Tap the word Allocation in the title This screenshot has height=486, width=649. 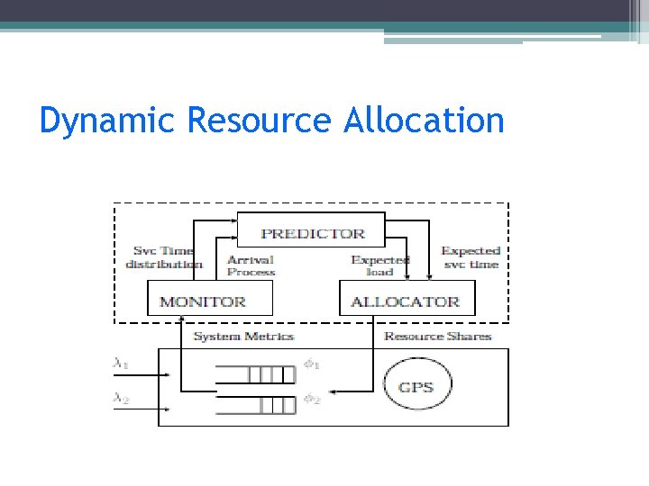point(424,120)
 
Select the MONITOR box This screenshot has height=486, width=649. point(202,301)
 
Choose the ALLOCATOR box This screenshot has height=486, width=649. point(405,301)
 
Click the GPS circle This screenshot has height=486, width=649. point(416,387)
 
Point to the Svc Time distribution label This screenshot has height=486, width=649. point(164,257)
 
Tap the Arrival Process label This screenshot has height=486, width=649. point(251,265)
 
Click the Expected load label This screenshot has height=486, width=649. point(379,265)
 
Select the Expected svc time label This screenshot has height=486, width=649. point(470,257)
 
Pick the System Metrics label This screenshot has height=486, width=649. point(243,336)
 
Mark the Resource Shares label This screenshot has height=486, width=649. point(437,336)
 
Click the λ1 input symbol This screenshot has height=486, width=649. point(120,364)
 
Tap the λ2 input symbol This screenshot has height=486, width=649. point(120,397)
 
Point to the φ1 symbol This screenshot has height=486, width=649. point(312,365)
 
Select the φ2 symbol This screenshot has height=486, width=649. point(312,398)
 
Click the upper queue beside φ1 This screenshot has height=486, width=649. point(256,373)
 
